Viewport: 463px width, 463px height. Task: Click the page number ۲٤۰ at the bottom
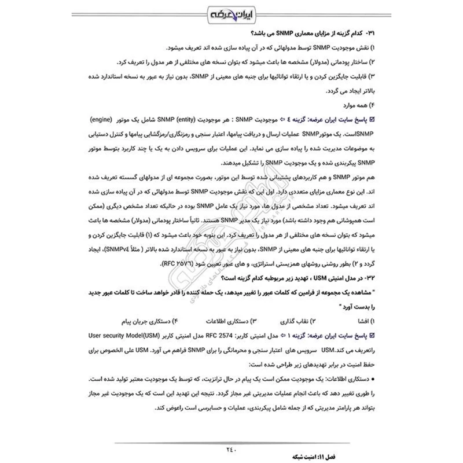coord(231,446)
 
